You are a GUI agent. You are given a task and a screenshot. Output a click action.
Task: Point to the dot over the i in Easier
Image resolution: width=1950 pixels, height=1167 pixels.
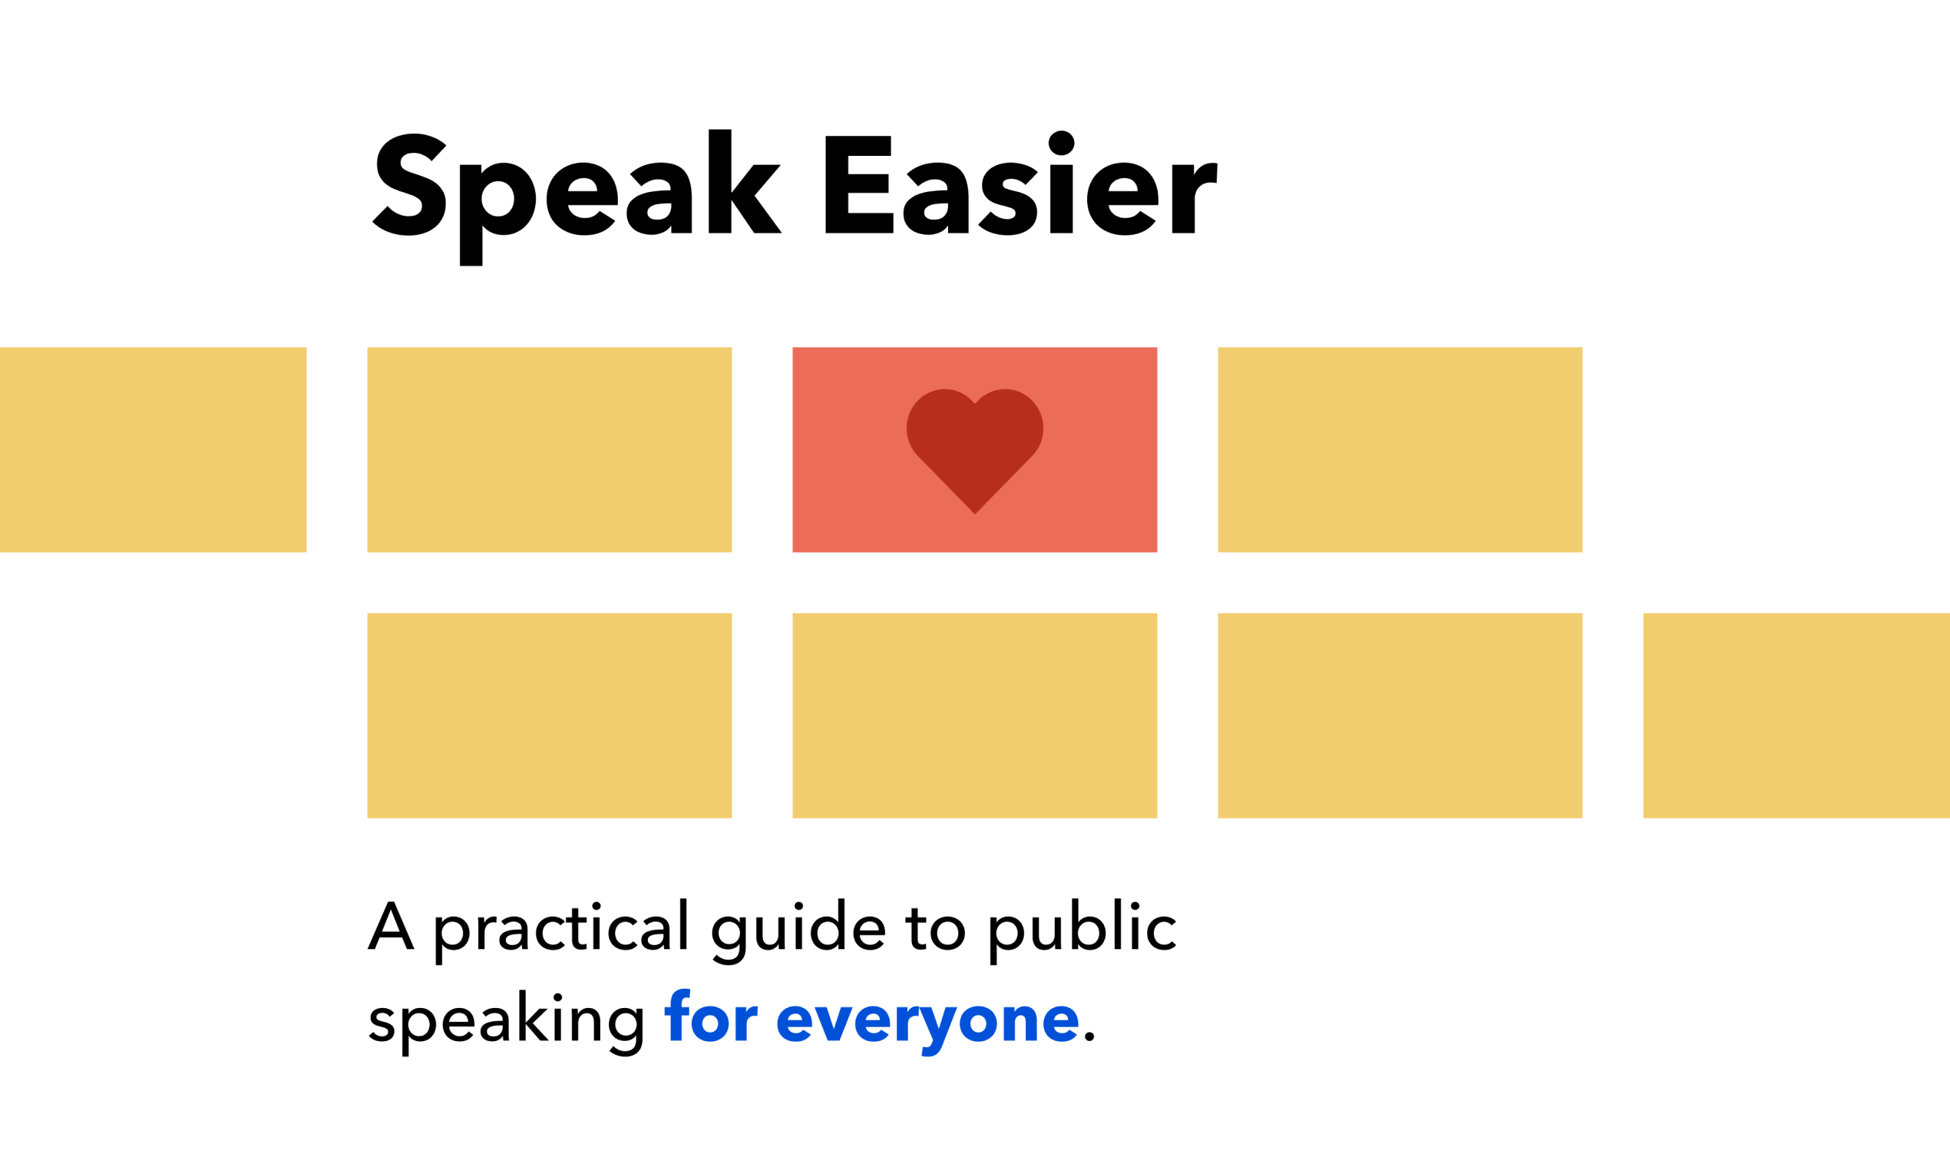tap(1062, 143)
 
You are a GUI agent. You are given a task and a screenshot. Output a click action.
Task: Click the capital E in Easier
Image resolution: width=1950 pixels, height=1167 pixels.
tap(858, 185)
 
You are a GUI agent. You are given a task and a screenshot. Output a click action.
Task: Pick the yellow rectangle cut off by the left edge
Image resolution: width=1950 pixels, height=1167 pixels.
tap(153, 450)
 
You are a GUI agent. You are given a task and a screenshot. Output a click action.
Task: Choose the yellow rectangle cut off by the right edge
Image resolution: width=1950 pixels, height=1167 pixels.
tap(1796, 716)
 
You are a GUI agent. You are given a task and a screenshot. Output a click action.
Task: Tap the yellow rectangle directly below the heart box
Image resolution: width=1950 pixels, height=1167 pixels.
tap(975, 716)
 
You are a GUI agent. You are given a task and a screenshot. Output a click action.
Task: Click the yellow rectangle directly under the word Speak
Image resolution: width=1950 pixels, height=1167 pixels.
tap(550, 450)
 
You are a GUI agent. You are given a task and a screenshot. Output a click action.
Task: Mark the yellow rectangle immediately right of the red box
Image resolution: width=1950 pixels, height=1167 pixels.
tap(1400, 450)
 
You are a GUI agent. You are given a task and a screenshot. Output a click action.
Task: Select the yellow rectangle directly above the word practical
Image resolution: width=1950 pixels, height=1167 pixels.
tap(550, 716)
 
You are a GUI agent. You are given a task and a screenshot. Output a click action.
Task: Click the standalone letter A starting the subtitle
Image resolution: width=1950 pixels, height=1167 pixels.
tap(391, 926)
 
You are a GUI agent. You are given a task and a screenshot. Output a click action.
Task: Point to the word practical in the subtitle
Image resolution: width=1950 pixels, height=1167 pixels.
tap(560, 928)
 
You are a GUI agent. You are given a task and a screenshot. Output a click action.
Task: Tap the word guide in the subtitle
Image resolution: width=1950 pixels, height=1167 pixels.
tap(798, 928)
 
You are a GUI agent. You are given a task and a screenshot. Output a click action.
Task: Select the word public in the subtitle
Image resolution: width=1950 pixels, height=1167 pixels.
tap(1082, 928)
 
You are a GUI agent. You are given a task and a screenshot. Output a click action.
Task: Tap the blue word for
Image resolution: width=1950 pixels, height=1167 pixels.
tap(711, 1017)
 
